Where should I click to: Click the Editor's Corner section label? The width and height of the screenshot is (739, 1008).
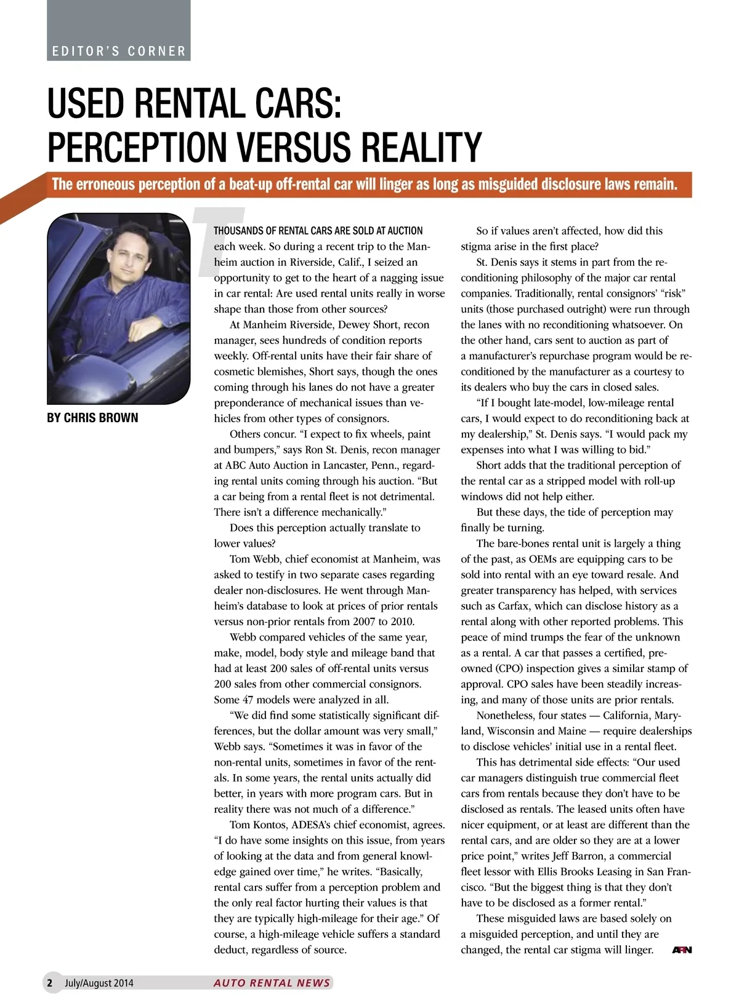(119, 51)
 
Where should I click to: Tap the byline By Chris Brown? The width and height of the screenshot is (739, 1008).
(92, 418)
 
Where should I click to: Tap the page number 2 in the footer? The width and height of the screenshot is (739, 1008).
(50, 983)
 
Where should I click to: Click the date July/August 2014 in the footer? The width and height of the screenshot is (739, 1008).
(99, 983)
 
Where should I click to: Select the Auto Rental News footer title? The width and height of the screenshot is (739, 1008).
(272, 983)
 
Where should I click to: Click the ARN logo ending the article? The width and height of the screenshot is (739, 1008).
(682, 950)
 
